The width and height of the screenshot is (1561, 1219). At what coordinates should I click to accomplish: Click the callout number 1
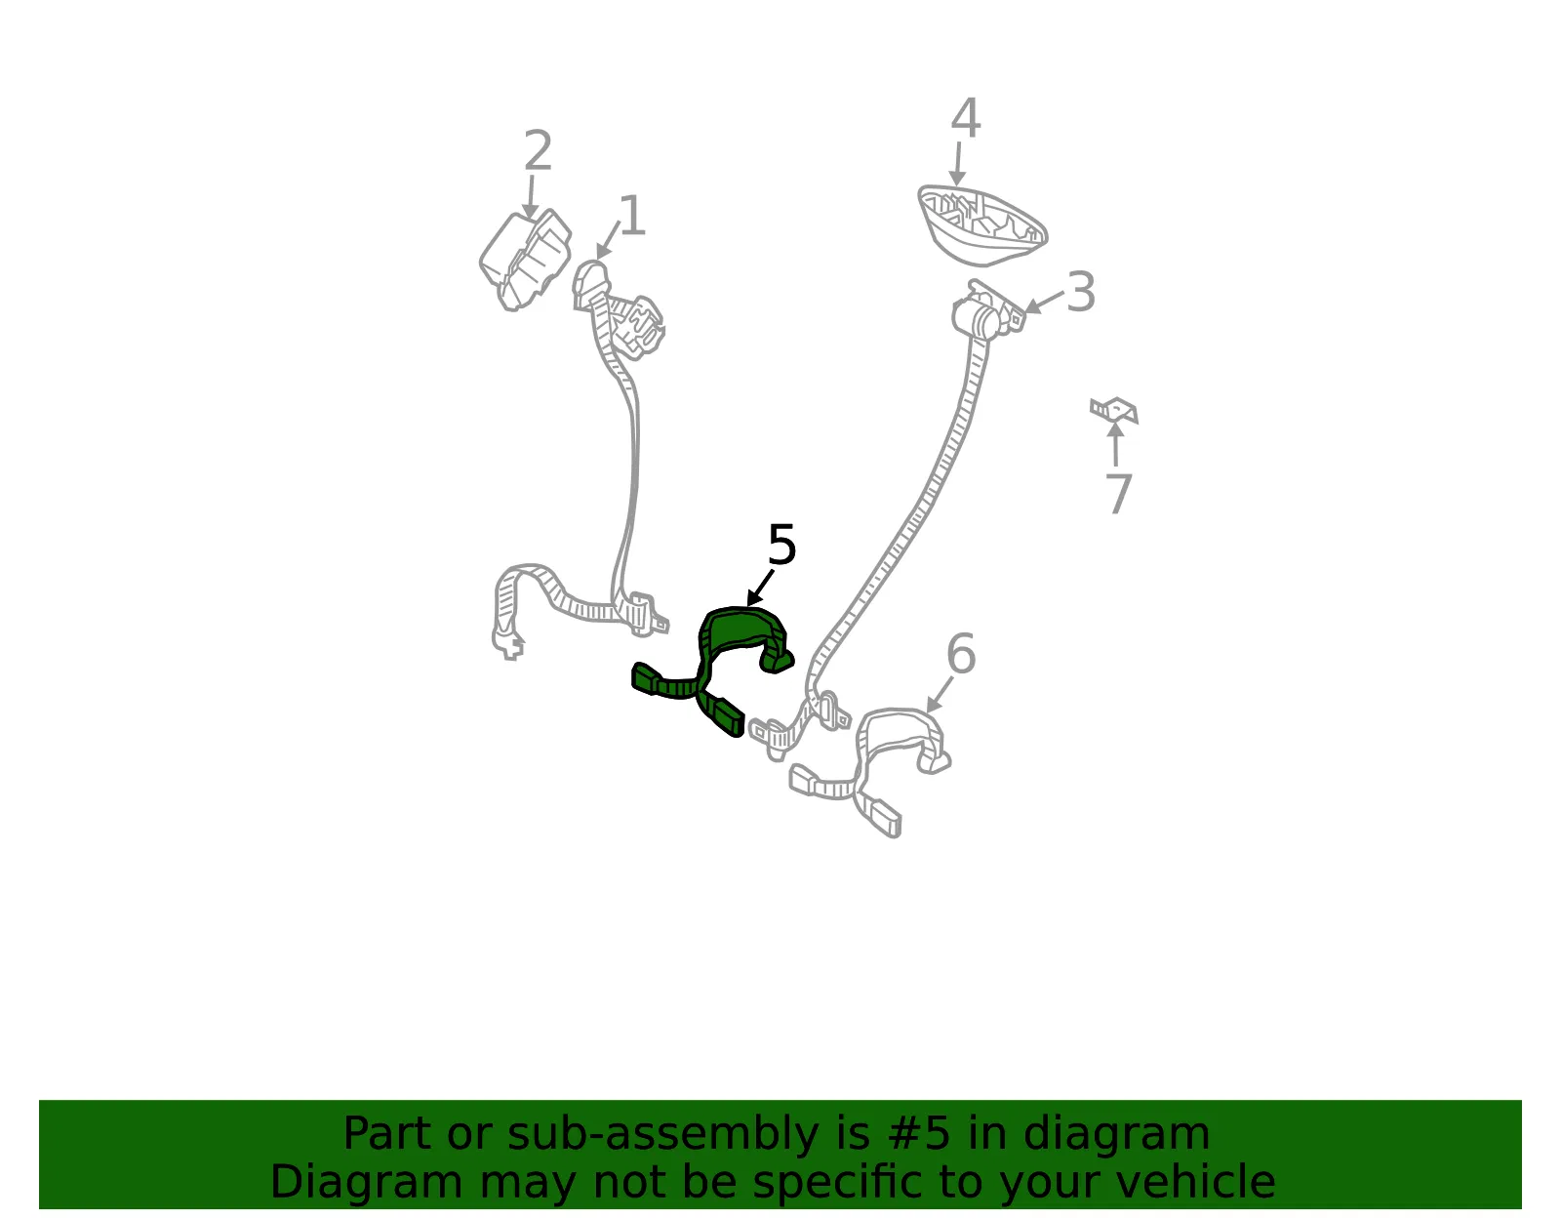coord(633,216)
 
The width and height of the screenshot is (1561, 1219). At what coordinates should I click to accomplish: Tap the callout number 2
coord(538,151)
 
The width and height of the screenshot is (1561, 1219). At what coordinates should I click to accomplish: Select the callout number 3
coord(1080,293)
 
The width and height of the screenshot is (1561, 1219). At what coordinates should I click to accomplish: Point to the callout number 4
coord(966,118)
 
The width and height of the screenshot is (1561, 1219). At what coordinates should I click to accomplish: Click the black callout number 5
coord(781,546)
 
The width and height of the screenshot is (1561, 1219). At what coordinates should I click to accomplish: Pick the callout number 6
coord(961,654)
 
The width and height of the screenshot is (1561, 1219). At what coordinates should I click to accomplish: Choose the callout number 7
coord(1118,494)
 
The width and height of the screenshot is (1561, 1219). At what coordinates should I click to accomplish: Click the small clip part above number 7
coord(1113,410)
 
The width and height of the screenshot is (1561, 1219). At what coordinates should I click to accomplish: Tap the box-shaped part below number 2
coord(525,260)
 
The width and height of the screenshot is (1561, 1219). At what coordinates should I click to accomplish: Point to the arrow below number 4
coord(958,164)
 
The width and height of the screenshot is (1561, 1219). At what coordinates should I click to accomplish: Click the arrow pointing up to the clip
coord(1115,445)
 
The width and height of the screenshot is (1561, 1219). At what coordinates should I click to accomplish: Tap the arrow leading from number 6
coord(939,695)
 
